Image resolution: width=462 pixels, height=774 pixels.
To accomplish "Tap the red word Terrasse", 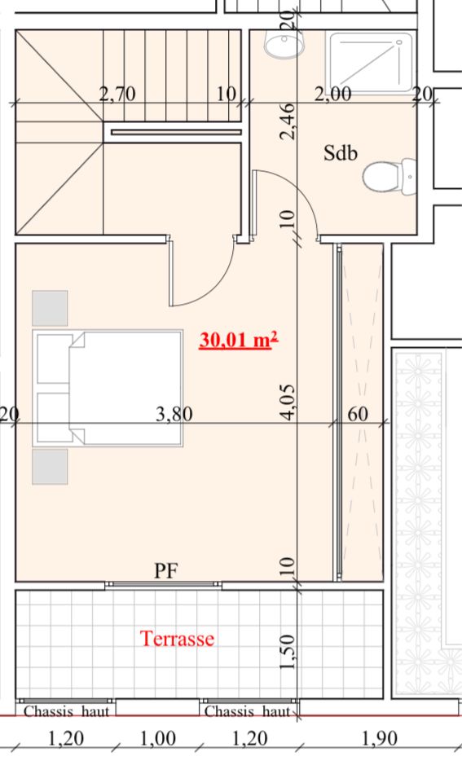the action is [177, 639].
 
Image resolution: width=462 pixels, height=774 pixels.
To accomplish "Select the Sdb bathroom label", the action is [340, 153].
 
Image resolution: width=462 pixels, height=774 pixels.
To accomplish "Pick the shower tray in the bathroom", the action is [372, 62].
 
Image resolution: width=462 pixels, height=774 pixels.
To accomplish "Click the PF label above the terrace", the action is [166, 570].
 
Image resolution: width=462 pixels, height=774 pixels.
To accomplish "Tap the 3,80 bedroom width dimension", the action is [174, 414].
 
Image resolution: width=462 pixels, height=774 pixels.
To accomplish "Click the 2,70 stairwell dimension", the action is [117, 94].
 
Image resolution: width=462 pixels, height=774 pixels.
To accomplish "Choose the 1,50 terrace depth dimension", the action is [288, 652].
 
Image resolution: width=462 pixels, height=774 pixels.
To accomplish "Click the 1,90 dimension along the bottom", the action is [380, 738].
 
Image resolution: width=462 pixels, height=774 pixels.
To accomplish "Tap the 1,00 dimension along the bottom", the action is [157, 738].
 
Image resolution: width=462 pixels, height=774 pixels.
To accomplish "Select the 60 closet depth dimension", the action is [358, 414].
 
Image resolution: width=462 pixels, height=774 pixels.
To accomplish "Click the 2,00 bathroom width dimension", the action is [333, 94].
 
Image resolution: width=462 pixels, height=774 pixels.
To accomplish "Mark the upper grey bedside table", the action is [50, 309].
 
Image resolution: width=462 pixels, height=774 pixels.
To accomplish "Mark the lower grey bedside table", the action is [50, 467].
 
